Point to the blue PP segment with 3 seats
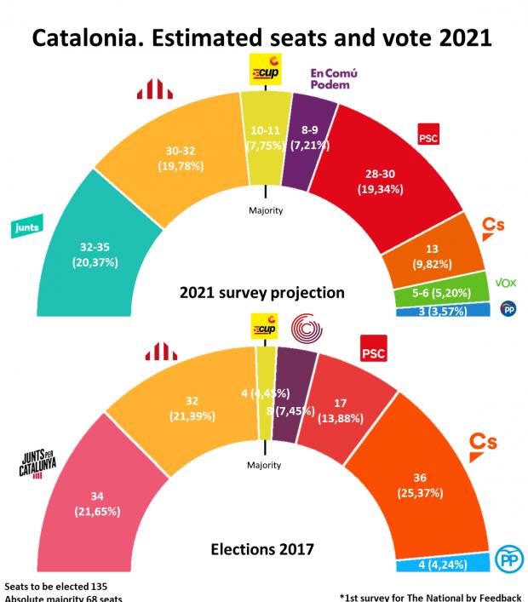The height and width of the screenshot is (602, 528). [x=443, y=311]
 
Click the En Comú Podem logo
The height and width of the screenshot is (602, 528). [x=333, y=78]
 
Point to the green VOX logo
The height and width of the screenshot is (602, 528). [x=506, y=283]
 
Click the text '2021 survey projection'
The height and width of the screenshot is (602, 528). [x=262, y=292]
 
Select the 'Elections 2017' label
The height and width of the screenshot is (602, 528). [x=262, y=549]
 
